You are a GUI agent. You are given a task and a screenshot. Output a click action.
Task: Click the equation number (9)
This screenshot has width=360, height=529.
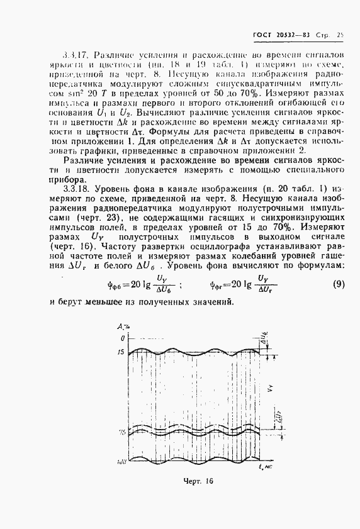pos(337,284)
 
